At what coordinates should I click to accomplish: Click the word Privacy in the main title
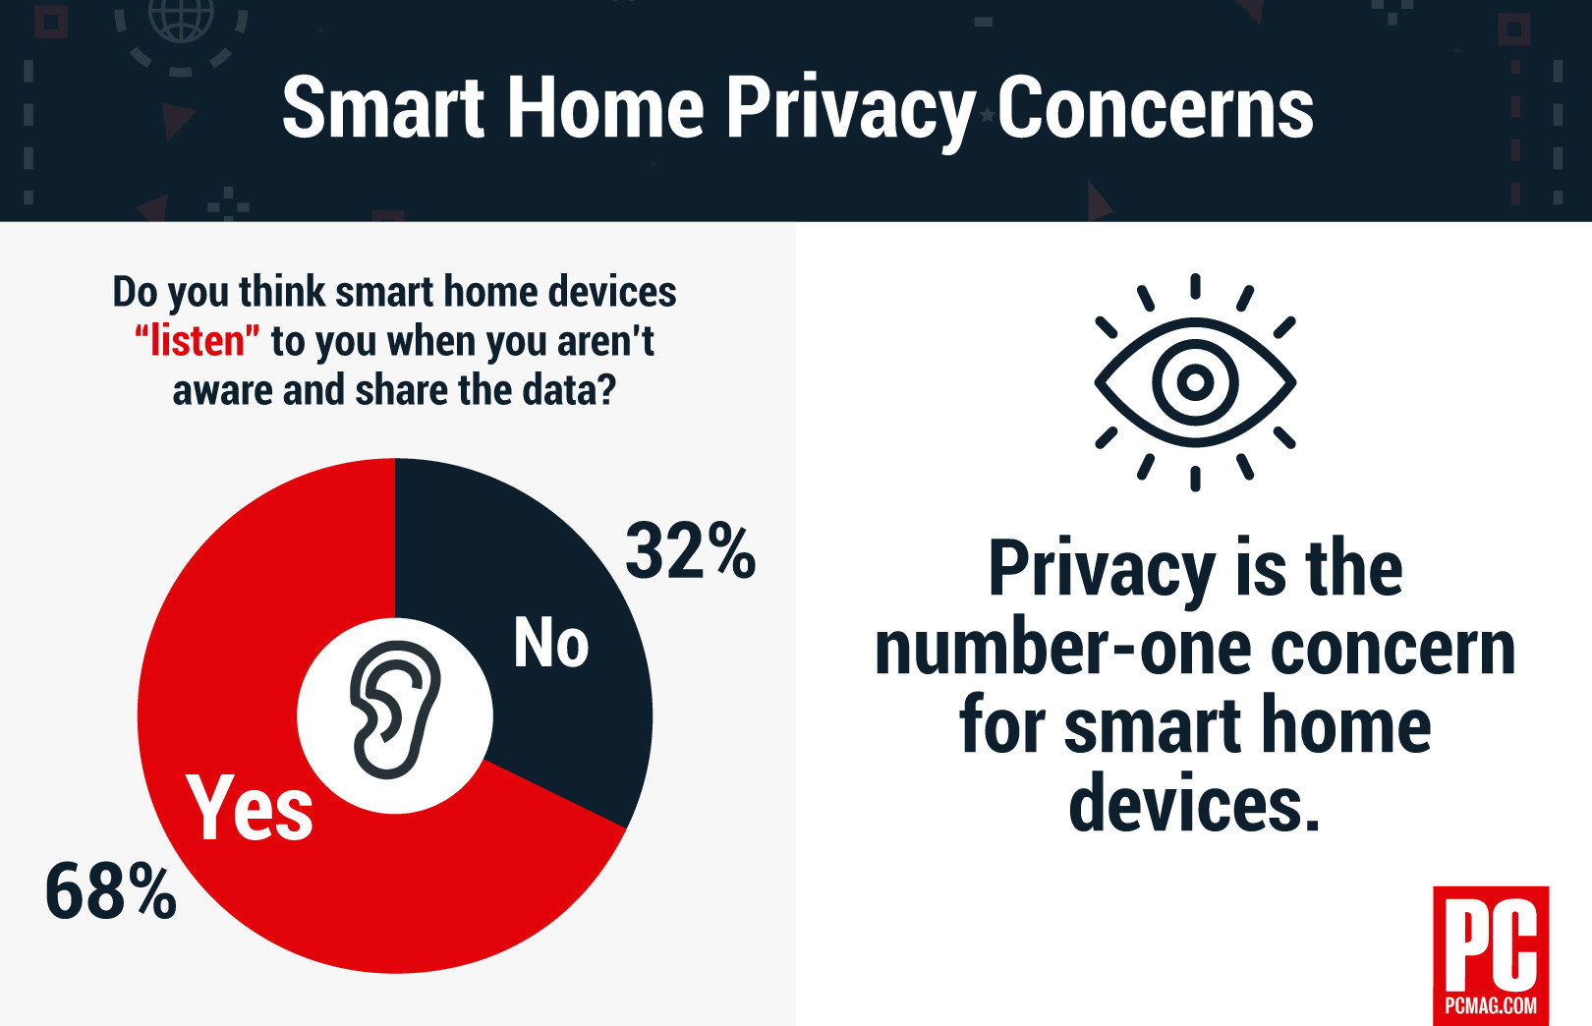point(849,110)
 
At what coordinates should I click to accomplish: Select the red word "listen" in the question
point(198,341)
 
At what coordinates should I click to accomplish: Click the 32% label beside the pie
point(690,551)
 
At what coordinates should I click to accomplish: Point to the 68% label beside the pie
point(110,891)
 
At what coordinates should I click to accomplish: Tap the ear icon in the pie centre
point(395,710)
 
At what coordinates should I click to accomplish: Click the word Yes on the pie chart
point(250,808)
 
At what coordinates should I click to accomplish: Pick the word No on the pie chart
point(551,644)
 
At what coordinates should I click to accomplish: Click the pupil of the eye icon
point(1195,381)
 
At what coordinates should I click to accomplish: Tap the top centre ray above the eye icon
point(1195,286)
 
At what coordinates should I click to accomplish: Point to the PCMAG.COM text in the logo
point(1491,1005)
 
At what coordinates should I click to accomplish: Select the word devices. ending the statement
point(1194,804)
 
